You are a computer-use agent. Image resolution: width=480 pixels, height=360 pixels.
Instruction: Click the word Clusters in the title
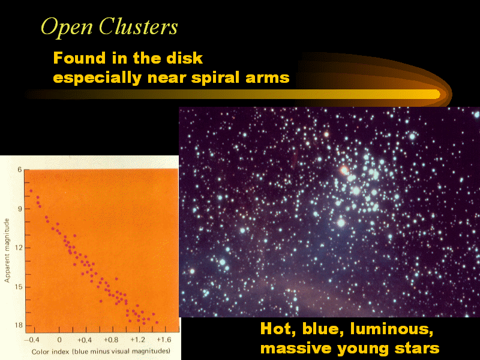tap(138, 26)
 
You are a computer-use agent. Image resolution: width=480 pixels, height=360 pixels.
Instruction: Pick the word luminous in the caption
tap(392, 329)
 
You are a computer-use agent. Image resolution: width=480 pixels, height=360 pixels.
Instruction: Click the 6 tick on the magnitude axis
tap(20, 170)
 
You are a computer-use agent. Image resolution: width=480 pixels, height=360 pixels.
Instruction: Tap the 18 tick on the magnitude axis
tap(19, 325)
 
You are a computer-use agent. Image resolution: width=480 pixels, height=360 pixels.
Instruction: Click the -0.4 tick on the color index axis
tap(32, 340)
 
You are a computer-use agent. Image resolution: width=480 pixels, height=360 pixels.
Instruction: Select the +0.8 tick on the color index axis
tap(111, 340)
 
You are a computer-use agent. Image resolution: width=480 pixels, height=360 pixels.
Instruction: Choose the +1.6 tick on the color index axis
tap(164, 340)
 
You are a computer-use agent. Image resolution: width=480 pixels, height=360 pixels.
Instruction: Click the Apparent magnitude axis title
tap(7, 250)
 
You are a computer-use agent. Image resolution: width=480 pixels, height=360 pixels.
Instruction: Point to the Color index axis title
tap(101, 352)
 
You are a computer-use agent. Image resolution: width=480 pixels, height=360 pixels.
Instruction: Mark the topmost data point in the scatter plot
tap(31, 191)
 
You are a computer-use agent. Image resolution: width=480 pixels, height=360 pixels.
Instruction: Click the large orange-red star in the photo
tap(344, 170)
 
